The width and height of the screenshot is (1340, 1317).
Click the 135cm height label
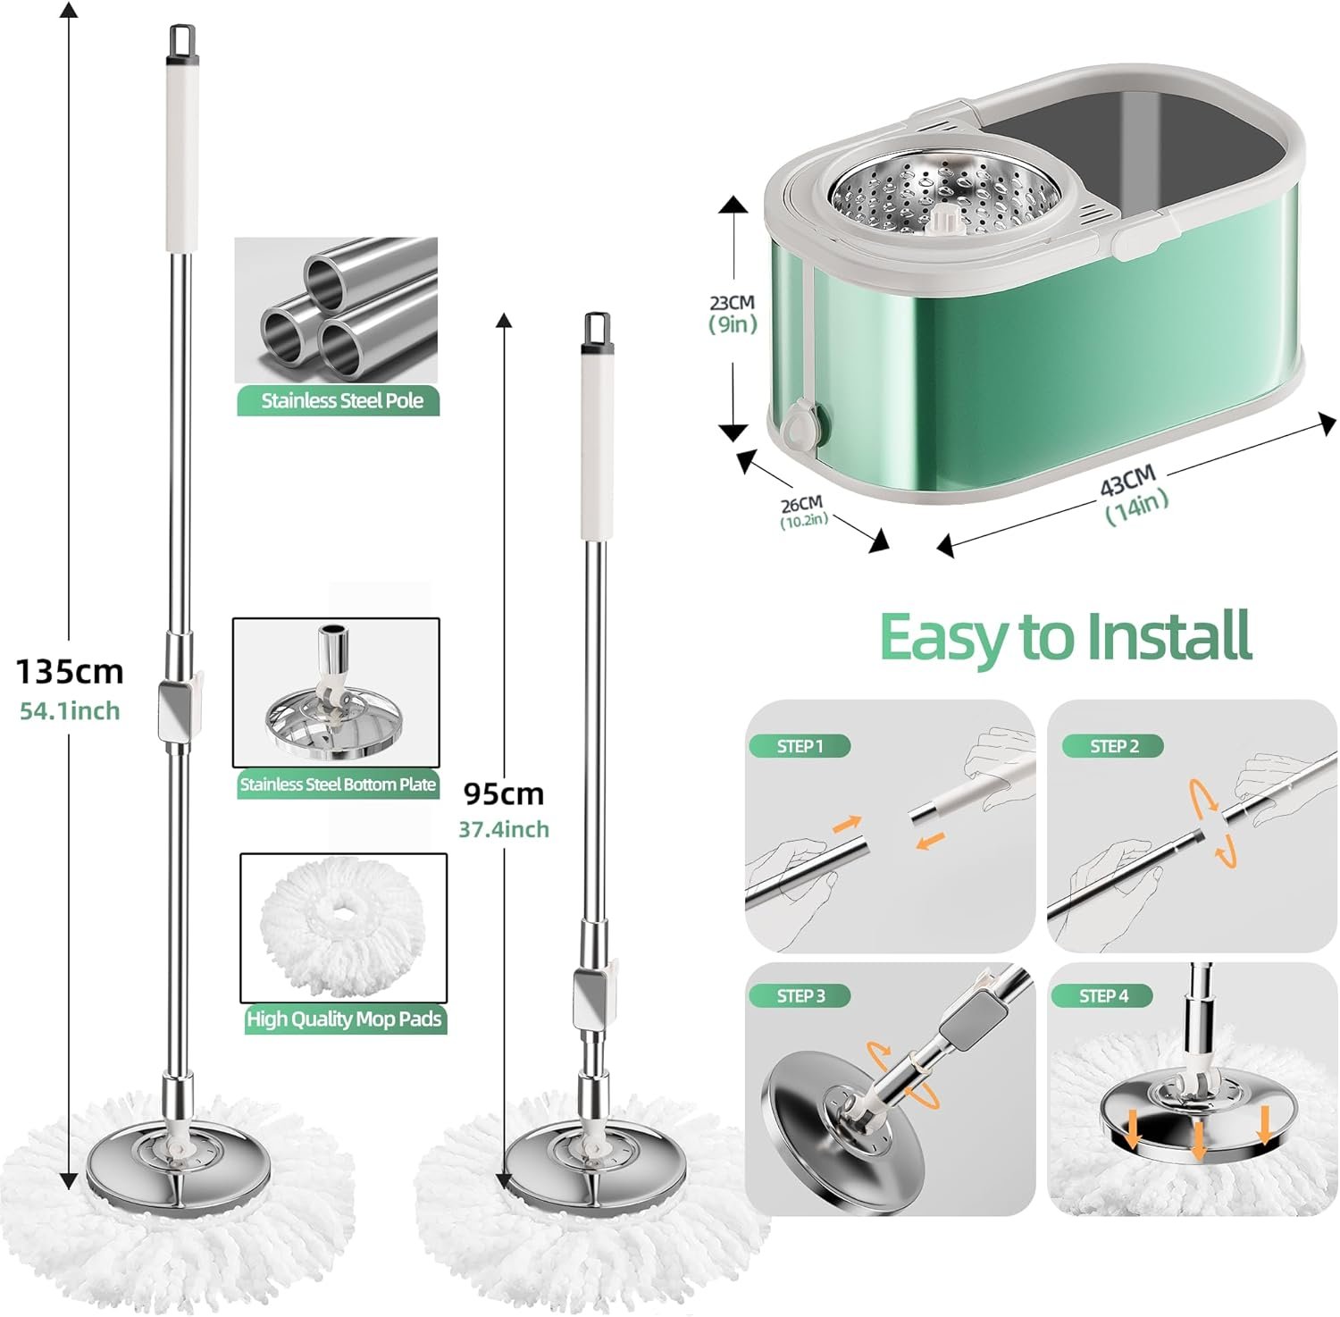click(70, 670)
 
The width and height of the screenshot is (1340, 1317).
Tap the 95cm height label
click(503, 793)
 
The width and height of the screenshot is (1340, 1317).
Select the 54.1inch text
click(70, 711)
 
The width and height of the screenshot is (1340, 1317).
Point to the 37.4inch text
click(503, 829)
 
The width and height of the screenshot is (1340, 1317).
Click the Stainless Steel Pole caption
click(341, 401)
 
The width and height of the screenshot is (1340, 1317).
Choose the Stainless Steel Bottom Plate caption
click(338, 784)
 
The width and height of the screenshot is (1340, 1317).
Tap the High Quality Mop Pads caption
click(344, 1019)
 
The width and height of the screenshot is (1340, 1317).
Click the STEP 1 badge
click(800, 746)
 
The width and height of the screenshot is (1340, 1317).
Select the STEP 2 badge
click(1113, 746)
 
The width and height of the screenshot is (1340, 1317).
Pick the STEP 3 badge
click(800, 995)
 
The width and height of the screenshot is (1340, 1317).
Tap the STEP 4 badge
click(1103, 995)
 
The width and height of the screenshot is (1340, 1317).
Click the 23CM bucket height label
click(733, 304)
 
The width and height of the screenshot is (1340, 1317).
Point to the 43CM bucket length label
click(1127, 482)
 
